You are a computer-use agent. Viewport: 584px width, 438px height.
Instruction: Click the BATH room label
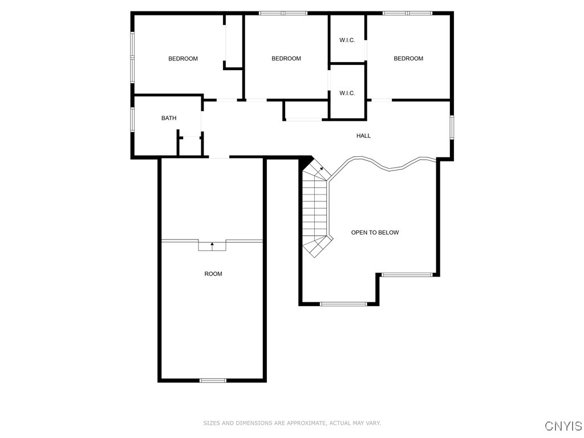click(169, 118)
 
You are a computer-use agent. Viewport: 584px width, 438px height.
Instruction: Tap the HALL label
click(363, 136)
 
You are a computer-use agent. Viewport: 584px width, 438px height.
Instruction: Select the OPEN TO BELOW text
click(375, 233)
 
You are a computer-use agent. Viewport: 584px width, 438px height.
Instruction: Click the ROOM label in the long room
click(213, 274)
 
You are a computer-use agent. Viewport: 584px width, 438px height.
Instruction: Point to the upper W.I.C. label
click(347, 40)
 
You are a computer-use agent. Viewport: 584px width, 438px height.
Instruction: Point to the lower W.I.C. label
click(347, 93)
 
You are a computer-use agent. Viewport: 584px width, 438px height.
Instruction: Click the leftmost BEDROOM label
click(183, 59)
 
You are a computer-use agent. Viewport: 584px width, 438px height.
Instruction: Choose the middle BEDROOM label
click(286, 59)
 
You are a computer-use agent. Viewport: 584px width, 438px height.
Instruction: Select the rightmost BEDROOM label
click(408, 59)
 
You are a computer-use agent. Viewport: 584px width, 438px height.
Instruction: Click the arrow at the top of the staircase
click(321, 169)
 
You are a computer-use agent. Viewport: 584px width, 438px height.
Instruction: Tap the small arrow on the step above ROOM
click(212, 245)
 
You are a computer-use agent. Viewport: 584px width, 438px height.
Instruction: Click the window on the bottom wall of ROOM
click(213, 380)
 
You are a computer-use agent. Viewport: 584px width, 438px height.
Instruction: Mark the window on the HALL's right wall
click(451, 127)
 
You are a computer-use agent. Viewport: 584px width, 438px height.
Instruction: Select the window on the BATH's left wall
click(132, 120)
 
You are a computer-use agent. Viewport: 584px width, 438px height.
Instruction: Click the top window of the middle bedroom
click(283, 13)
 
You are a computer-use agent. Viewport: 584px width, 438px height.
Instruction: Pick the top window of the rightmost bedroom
click(407, 13)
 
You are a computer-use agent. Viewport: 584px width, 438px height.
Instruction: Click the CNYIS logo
click(563, 426)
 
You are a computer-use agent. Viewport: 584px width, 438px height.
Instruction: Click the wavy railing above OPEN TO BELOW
click(388, 166)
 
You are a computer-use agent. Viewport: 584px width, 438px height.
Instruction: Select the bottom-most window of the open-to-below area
click(343, 304)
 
